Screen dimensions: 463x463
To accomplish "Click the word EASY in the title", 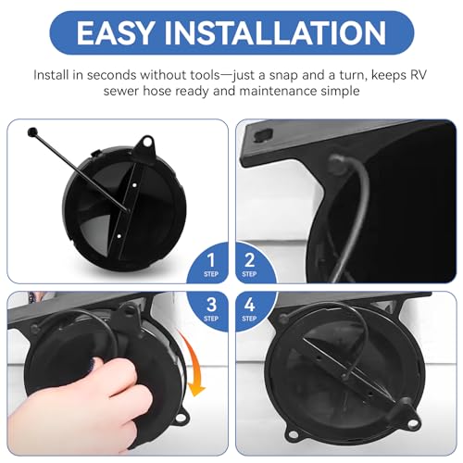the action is pos(114,32).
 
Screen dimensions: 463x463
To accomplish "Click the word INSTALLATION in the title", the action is pos(275,32).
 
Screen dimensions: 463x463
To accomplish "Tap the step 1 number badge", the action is pos(211,265).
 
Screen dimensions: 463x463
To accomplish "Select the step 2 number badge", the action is pos(249,265).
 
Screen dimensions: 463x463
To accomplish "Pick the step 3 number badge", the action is pos(211,308).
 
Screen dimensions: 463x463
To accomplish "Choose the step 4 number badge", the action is pos(249,308).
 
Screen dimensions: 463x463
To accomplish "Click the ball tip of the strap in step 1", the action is pos(32,132).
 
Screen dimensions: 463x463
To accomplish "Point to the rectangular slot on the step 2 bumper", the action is pos(264,135).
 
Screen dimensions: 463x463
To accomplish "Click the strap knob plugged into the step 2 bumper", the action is pos(336,163).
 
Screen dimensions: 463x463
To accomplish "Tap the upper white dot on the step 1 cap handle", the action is pos(135,185).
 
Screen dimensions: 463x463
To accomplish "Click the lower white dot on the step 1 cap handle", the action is pos(119,236).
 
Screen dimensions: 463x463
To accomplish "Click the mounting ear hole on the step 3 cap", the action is pos(180,419).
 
